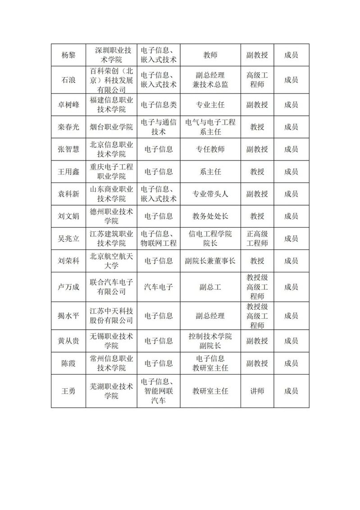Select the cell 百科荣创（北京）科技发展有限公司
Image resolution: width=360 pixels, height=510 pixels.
[x=111, y=80]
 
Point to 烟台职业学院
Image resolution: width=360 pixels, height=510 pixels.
[x=111, y=127]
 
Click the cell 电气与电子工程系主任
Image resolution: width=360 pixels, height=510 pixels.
[x=210, y=127]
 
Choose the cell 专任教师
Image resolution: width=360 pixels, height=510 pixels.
[x=210, y=149]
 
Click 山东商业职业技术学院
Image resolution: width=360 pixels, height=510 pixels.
[x=111, y=194]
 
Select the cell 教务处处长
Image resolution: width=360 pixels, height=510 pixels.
[x=210, y=216]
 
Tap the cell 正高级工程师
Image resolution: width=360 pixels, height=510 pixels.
[x=257, y=239]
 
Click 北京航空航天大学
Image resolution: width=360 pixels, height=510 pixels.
[x=111, y=261]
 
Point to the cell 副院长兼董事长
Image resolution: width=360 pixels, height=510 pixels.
[x=210, y=261]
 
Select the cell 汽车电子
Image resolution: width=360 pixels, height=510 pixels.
[x=159, y=287]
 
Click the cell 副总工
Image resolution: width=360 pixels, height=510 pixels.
[x=210, y=287]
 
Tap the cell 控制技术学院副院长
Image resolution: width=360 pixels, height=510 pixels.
[x=210, y=341]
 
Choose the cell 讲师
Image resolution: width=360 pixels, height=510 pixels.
[x=257, y=391]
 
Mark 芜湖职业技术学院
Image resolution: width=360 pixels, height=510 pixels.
[x=111, y=391]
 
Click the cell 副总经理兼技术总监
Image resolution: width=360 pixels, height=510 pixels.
[x=210, y=80]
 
